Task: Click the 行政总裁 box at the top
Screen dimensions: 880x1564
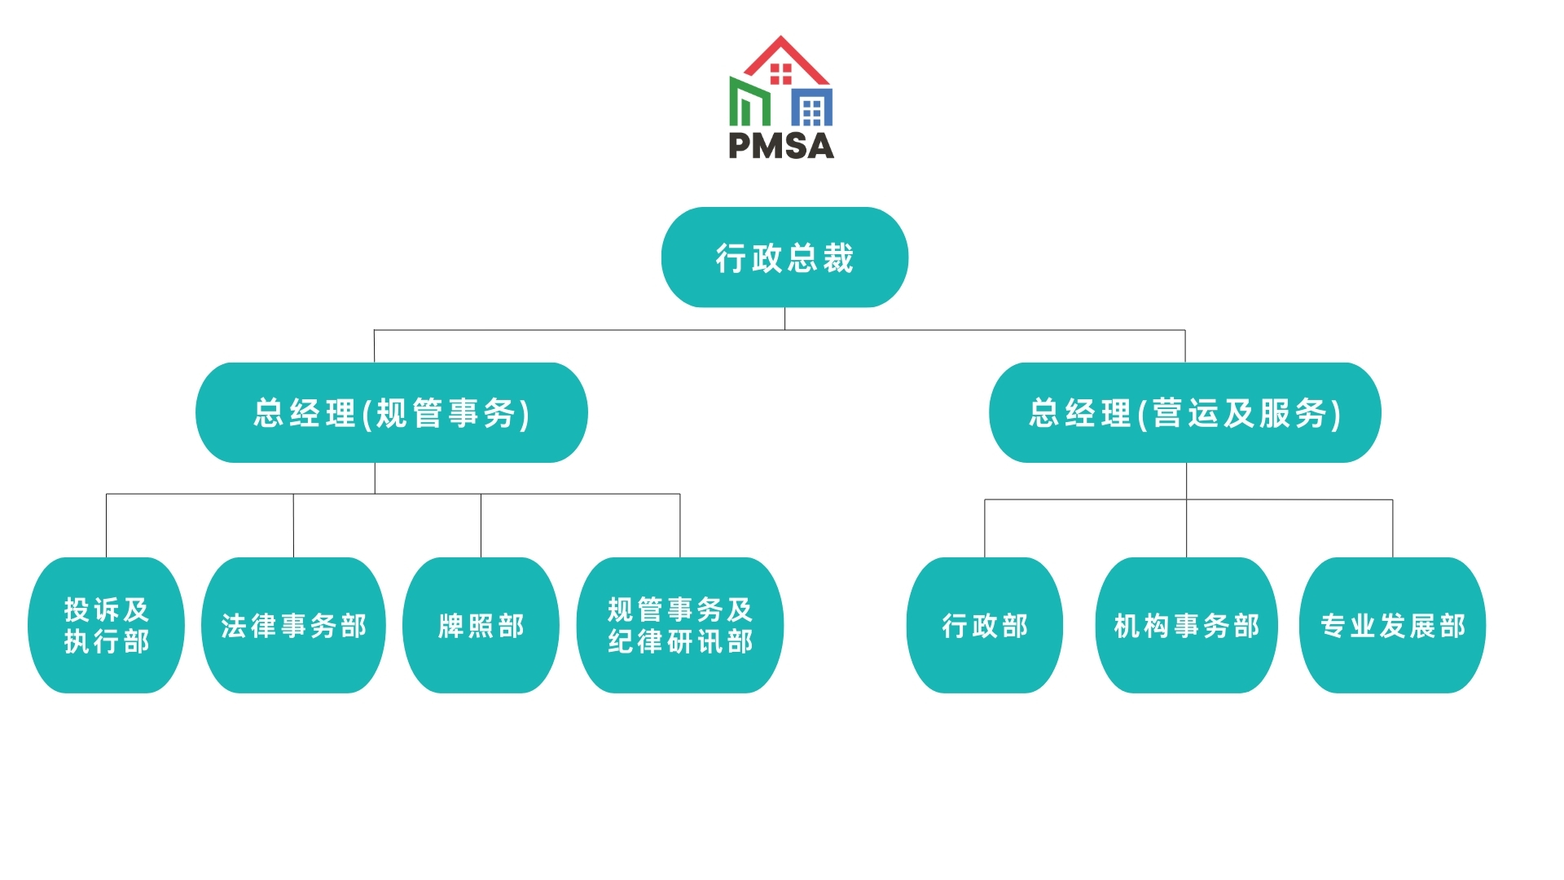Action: click(784, 257)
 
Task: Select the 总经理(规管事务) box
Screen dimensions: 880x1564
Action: click(391, 413)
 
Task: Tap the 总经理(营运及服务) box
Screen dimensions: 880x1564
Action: click(1184, 413)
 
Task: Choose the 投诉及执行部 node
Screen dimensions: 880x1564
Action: click(106, 626)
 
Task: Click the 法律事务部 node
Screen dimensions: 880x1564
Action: click(293, 626)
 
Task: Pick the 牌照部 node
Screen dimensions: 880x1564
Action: click(481, 626)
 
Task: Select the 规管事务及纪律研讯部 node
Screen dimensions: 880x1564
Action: click(679, 626)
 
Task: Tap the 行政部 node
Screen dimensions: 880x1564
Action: click(984, 626)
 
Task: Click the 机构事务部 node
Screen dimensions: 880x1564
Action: click(1186, 626)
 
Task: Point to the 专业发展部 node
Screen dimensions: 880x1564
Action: click(1392, 626)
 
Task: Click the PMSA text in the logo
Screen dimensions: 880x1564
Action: click(781, 146)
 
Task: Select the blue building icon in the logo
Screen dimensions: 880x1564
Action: click(812, 108)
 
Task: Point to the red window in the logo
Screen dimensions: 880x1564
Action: click(780, 74)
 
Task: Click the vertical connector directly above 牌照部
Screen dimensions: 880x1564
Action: click(481, 526)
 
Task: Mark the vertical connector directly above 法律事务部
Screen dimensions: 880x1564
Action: click(293, 526)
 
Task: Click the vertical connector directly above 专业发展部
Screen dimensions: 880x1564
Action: click(1392, 528)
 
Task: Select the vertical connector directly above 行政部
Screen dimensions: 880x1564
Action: click(985, 528)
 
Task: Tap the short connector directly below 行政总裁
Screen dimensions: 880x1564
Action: click(784, 319)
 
